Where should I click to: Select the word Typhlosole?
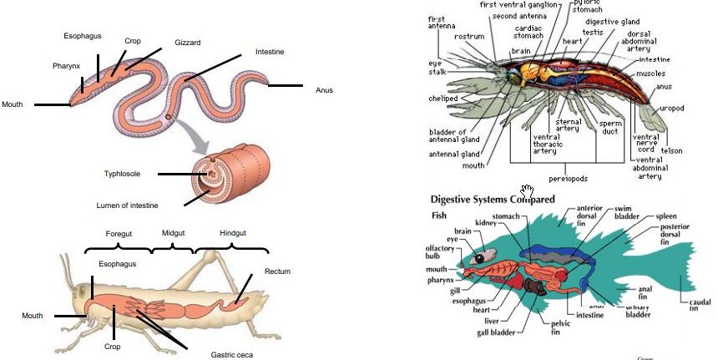pos(121,174)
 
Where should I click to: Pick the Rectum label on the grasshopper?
pos(277,271)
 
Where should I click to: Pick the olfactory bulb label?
pos(440,253)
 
